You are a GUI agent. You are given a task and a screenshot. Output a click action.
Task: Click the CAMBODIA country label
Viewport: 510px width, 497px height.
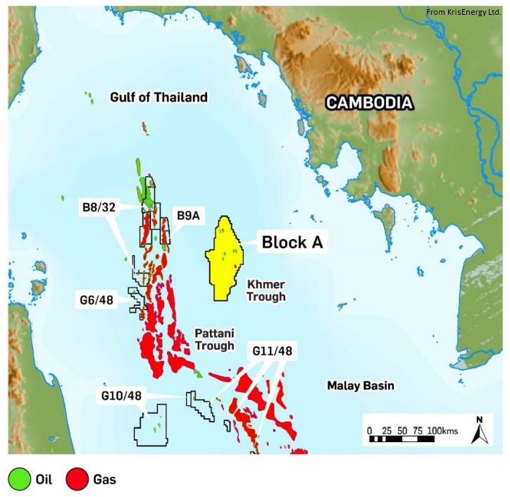368,103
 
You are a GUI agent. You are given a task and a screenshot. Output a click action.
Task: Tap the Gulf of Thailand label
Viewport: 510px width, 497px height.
159,97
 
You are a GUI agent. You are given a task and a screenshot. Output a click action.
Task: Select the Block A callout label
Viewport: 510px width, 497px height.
292,243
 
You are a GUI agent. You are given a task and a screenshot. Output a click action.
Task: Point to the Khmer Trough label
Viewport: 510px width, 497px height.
266,290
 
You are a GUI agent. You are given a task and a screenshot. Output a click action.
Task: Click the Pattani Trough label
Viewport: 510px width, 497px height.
215,339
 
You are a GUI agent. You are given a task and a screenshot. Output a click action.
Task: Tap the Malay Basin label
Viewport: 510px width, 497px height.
361,386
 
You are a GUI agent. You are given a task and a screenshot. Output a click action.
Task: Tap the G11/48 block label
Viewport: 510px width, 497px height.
272,350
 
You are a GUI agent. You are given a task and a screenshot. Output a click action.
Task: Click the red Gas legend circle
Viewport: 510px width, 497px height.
75,480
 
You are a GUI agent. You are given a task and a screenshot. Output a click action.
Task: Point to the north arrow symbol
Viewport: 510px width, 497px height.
479,431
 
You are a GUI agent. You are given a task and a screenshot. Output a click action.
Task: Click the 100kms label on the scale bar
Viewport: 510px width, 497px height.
442,430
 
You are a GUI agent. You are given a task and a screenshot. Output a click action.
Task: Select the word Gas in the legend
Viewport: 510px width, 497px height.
104,480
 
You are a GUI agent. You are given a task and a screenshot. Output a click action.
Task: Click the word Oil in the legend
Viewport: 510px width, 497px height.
44,480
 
